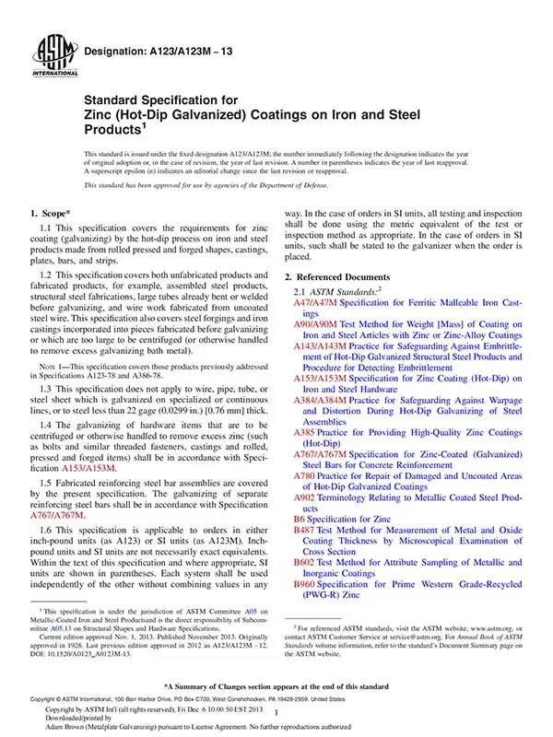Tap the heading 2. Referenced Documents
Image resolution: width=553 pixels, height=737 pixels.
coord(342,277)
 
